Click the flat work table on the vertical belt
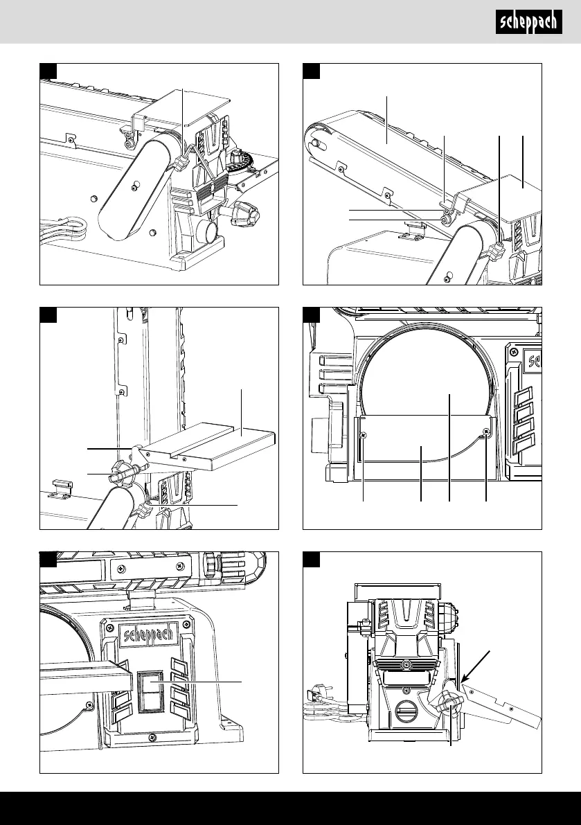point(215,445)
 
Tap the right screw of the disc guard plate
point(487,434)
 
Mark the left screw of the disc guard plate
point(364,434)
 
